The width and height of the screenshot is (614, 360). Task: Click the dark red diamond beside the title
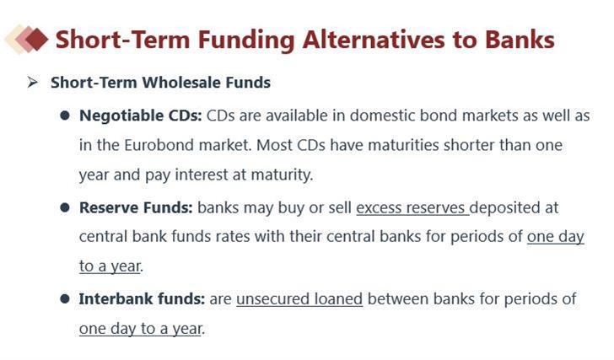point(36,39)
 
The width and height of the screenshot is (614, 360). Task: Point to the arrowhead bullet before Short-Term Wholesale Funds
point(33,82)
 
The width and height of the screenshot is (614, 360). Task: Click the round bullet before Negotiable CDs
point(65,116)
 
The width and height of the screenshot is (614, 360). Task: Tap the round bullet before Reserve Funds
point(65,207)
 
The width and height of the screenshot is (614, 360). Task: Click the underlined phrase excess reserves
point(411,207)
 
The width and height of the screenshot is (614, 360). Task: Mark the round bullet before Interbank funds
point(65,299)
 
